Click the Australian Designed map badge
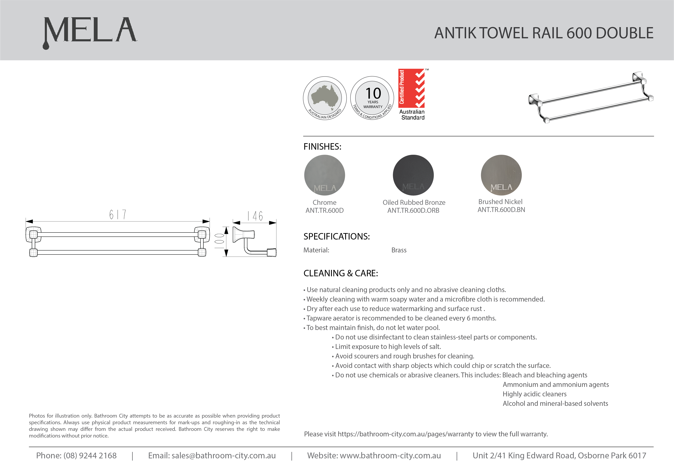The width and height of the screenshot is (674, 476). pyautogui.click(x=325, y=98)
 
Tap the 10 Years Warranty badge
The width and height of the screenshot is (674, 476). pyautogui.click(x=372, y=98)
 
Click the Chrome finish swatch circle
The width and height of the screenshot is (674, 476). pyautogui.click(x=324, y=175)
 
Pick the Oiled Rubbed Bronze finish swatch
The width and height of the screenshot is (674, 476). pyautogui.click(x=413, y=175)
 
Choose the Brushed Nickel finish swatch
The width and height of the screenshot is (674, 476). pyautogui.click(x=501, y=175)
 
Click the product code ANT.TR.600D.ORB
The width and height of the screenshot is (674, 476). pyautogui.click(x=413, y=211)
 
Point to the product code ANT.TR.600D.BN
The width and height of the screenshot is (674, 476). pyautogui.click(x=501, y=210)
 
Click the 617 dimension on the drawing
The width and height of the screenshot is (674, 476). pyautogui.click(x=118, y=215)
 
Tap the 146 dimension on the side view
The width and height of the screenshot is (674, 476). pyautogui.click(x=255, y=216)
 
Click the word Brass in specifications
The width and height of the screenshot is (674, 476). pyautogui.click(x=399, y=250)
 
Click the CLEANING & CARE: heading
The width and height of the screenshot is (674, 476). pyautogui.click(x=341, y=273)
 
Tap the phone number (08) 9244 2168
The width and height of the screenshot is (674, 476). pyautogui.click(x=90, y=456)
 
